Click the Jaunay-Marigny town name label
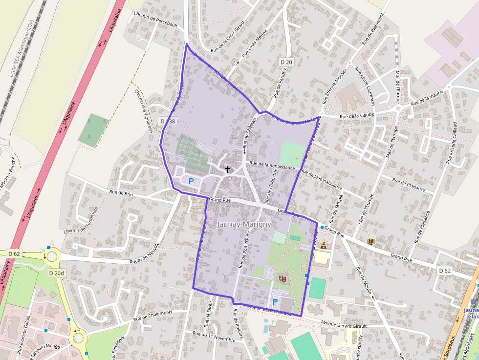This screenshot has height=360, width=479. pyautogui.click(x=243, y=224)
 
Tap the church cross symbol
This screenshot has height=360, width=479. pyautogui.click(x=227, y=169)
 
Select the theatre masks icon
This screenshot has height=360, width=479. pyautogui.click(x=282, y=278)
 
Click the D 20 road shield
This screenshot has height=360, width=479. pyautogui.click(x=286, y=62)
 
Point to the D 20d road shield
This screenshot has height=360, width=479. pyautogui.click(x=56, y=273)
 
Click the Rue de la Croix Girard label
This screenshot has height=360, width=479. pyautogui.click(x=227, y=39)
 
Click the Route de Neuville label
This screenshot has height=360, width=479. pyautogui.click(x=145, y=254)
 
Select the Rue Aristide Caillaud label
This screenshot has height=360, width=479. pyautogui.click(x=451, y=142)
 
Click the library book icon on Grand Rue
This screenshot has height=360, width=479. pyautogui.click(x=370, y=242)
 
